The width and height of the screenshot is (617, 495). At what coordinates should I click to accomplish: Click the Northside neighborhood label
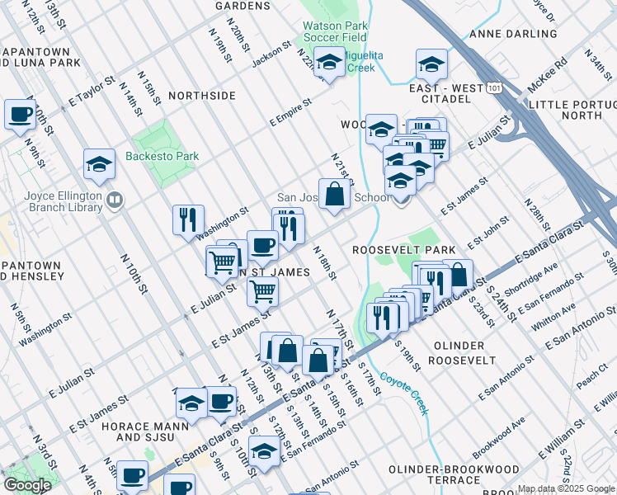[201, 97]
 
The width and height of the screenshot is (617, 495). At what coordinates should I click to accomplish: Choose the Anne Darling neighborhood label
[512, 34]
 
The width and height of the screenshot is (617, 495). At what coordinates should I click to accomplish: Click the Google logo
[27, 484]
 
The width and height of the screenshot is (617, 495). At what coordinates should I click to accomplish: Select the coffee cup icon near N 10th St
[21, 115]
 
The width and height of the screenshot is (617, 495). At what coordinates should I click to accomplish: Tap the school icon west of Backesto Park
[99, 164]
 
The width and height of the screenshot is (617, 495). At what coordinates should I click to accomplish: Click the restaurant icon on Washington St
[188, 219]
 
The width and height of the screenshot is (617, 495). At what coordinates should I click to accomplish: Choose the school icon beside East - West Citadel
[431, 64]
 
